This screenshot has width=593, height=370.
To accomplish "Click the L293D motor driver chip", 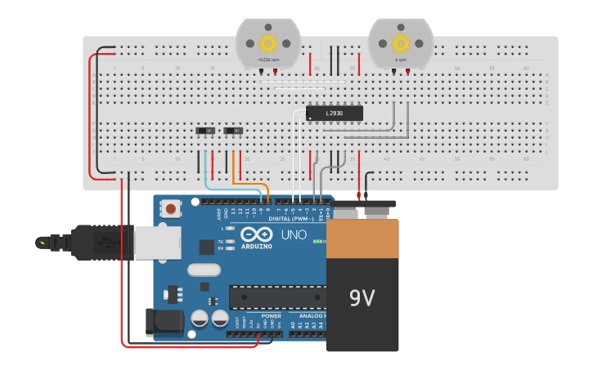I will click(334, 114).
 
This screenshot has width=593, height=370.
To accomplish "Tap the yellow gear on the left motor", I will click(267, 42).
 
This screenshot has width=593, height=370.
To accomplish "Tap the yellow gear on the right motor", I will click(400, 42).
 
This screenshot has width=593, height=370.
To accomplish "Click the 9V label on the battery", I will click(362, 299).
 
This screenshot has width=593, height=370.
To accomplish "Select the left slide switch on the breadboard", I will click(208, 131).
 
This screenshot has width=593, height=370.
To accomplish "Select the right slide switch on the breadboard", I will click(235, 131).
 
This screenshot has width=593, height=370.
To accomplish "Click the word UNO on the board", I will click(294, 235).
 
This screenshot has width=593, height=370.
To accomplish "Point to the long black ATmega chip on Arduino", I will click(277, 297).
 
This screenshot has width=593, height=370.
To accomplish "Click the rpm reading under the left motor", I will click(267, 60).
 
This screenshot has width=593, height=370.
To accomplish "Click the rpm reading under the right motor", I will click(401, 60).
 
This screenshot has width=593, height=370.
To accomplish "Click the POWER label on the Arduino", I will click(271, 315).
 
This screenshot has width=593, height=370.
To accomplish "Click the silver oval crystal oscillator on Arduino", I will click(204, 270).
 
